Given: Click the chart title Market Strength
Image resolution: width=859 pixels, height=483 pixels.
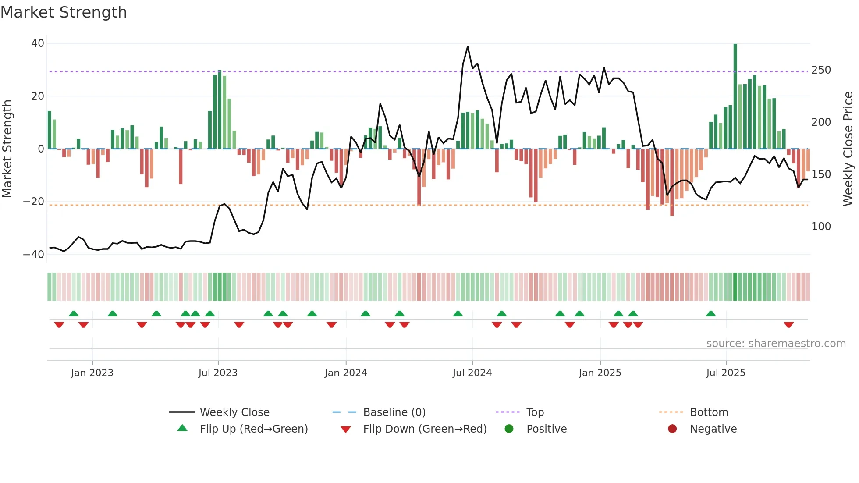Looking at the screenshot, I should click(64, 12).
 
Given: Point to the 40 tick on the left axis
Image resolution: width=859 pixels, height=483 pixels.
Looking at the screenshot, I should click(37, 43).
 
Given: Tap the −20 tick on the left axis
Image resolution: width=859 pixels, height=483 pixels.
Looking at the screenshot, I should click(34, 202).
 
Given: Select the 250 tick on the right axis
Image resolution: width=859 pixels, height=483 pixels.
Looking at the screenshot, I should click(821, 70).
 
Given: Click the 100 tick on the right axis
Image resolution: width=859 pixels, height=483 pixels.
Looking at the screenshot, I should click(821, 227).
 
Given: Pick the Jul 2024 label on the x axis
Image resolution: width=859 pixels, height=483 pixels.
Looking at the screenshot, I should click(472, 373).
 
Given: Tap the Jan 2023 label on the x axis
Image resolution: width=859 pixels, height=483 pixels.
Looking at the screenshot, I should click(92, 373).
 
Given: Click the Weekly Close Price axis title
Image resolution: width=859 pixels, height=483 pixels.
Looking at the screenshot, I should click(848, 149).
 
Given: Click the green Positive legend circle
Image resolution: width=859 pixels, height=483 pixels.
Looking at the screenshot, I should click(509, 429).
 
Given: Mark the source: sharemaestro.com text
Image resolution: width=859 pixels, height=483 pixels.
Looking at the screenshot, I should click(776, 344).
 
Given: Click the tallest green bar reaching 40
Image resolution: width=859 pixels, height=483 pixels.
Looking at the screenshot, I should click(735, 96).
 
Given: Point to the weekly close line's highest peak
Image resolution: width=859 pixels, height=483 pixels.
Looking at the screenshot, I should click(468, 47).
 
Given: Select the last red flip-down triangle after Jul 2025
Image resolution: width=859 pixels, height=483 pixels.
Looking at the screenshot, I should click(788, 325).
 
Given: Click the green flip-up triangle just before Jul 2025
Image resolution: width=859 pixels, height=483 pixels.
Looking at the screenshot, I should click(711, 313).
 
